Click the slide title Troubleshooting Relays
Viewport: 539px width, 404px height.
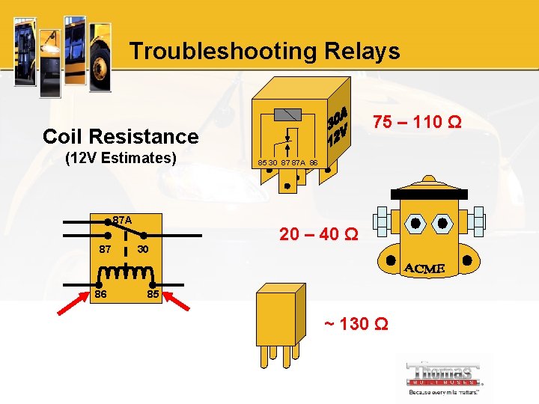(264, 51)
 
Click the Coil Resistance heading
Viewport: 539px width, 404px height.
(121, 136)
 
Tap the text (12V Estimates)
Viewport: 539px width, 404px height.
(121, 159)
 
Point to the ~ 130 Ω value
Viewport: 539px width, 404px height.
(356, 325)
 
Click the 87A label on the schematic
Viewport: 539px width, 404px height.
(121, 221)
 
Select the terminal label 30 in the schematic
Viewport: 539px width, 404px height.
(143, 248)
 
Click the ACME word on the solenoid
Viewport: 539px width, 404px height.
(424, 268)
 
